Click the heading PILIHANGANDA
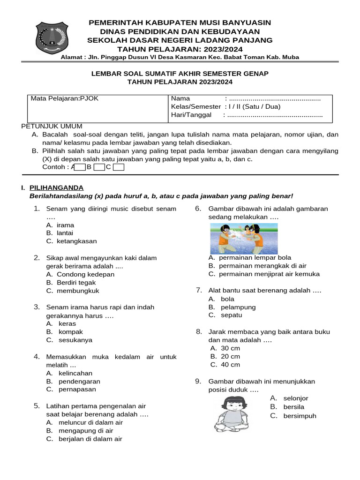(x=56, y=187)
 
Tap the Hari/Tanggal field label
(x=191, y=115)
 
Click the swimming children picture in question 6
(x=243, y=238)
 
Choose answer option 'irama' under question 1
(x=65, y=225)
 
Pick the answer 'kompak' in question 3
(x=71, y=332)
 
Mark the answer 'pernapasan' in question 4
(x=77, y=390)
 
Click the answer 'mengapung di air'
(x=86, y=431)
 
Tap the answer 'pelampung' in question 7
(x=238, y=307)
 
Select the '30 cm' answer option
(x=230, y=348)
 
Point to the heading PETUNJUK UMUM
(x=52, y=126)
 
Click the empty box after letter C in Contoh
(x=119, y=167)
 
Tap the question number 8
(x=199, y=331)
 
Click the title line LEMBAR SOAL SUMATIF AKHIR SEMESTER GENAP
(x=180, y=74)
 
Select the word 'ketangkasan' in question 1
(x=77, y=241)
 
